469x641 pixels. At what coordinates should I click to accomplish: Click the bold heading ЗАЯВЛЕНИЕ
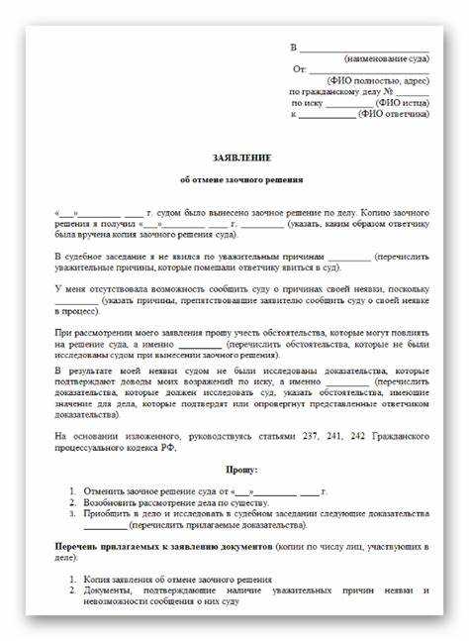pyautogui.click(x=241, y=159)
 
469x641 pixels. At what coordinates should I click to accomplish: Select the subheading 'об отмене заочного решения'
pyautogui.click(x=241, y=180)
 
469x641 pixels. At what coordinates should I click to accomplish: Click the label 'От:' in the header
pyautogui.click(x=299, y=69)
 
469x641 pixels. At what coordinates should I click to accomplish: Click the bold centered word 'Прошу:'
pyautogui.click(x=241, y=470)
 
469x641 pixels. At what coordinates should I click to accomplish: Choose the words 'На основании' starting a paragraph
pyautogui.click(x=82, y=436)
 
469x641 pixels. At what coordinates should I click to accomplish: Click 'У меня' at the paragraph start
pyautogui.click(x=70, y=288)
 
